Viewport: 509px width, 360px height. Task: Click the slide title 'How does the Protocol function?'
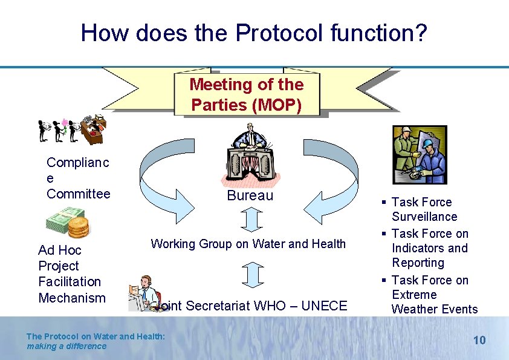coord(254,33)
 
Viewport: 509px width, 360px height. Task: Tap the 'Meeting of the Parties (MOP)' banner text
coord(247,94)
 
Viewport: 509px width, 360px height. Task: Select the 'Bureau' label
coord(250,195)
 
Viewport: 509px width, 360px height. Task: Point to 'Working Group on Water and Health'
coord(248,244)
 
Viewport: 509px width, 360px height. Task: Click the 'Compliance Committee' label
coord(79,178)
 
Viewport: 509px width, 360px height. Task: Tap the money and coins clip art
coord(70,223)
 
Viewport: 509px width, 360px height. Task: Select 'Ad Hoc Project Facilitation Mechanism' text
coord(70,273)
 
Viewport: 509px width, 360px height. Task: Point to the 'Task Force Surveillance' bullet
coord(424,209)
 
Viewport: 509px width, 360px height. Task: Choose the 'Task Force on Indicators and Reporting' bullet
coord(429,248)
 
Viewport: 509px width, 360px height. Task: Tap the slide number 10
coord(479,340)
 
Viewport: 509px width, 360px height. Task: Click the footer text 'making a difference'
coord(66,346)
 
